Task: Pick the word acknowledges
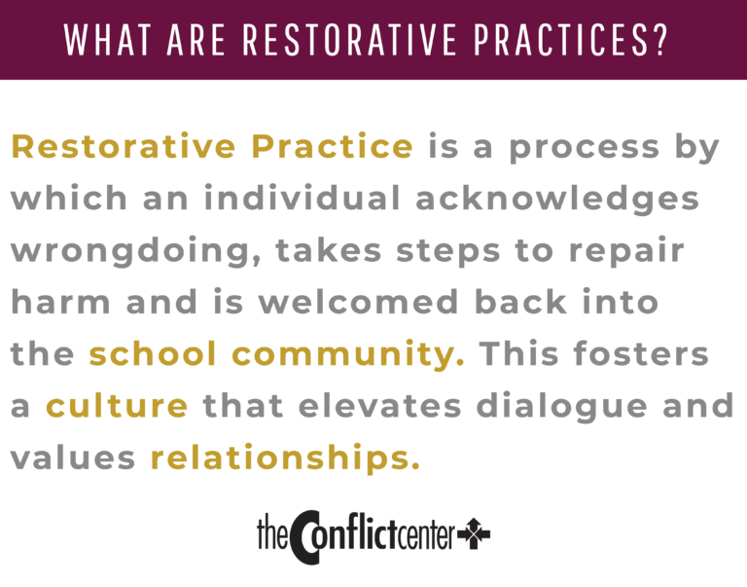pyautogui.click(x=557, y=199)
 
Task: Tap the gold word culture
pyautogui.click(x=117, y=406)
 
